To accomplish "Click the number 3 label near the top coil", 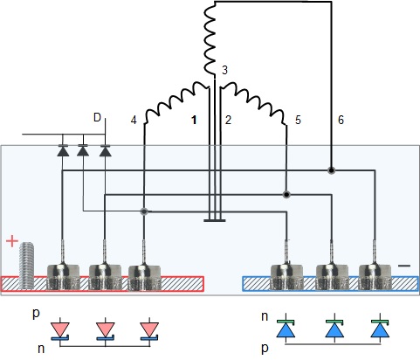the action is [224, 70].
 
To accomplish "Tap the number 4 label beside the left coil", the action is [134, 120].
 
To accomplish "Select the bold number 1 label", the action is [194, 120].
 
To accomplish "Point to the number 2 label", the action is [228, 120].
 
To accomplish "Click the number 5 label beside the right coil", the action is [298, 120].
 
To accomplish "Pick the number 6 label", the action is [341, 120].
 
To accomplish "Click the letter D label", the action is [97, 117].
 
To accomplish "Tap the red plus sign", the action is [12, 241].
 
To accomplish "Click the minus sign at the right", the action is [404, 266].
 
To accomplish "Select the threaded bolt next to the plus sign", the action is [26, 266].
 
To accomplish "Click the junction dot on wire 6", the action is [331, 170].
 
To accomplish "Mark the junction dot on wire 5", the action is [286, 194].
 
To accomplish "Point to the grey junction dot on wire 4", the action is [144, 211].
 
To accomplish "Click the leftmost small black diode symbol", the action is [63, 150].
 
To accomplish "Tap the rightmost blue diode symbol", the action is [380, 329].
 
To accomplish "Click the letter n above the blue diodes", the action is [265, 316].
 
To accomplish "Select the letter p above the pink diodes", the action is [36, 314].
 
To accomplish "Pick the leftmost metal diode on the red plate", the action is [63, 277].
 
